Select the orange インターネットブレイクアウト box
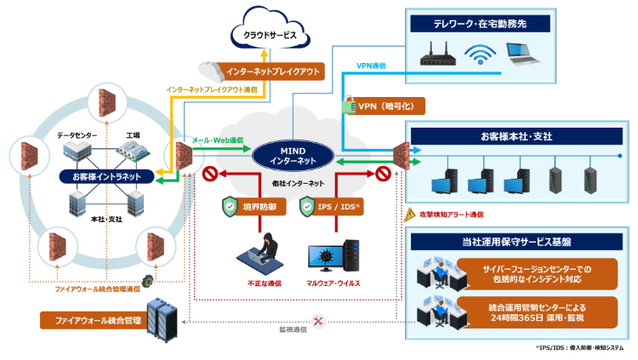pyautogui.click(x=271, y=71)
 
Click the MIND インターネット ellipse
pyautogui.click(x=292, y=155)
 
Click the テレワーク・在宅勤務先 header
pyautogui.click(x=481, y=24)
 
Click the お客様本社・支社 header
pyautogui.click(x=516, y=135)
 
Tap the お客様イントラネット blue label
pyautogui.click(x=106, y=176)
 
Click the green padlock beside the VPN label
pyautogui.click(x=347, y=106)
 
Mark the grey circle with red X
pyautogui.click(x=318, y=321)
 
